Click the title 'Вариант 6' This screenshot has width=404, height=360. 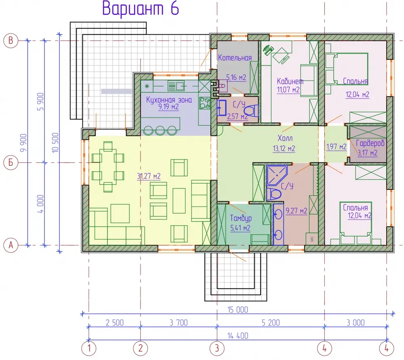[x=141, y=8]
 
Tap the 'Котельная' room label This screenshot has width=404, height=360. [x=235, y=58]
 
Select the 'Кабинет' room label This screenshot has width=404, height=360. [x=290, y=82]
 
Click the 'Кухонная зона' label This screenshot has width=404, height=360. [x=169, y=100]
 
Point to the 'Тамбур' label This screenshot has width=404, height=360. [x=241, y=218]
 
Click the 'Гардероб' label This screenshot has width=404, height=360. [x=370, y=143]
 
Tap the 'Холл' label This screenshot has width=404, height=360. [x=285, y=138]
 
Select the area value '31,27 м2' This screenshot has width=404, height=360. [x=149, y=176]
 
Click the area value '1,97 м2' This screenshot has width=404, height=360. [x=336, y=147]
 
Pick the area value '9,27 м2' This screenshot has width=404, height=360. [x=296, y=211]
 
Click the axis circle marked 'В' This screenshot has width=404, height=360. [x=11, y=40]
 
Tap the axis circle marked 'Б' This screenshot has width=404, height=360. [x=11, y=162]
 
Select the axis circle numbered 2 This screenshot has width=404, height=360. [x=141, y=348]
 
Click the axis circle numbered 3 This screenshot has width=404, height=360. [x=217, y=348]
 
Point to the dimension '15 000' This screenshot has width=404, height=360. [x=238, y=310]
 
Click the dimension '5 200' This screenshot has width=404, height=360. [x=271, y=323]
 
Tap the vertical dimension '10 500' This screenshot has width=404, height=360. [x=55, y=143]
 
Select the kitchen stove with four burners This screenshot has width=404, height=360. [x=205, y=103]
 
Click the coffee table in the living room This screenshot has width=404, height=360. [x=179, y=201]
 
